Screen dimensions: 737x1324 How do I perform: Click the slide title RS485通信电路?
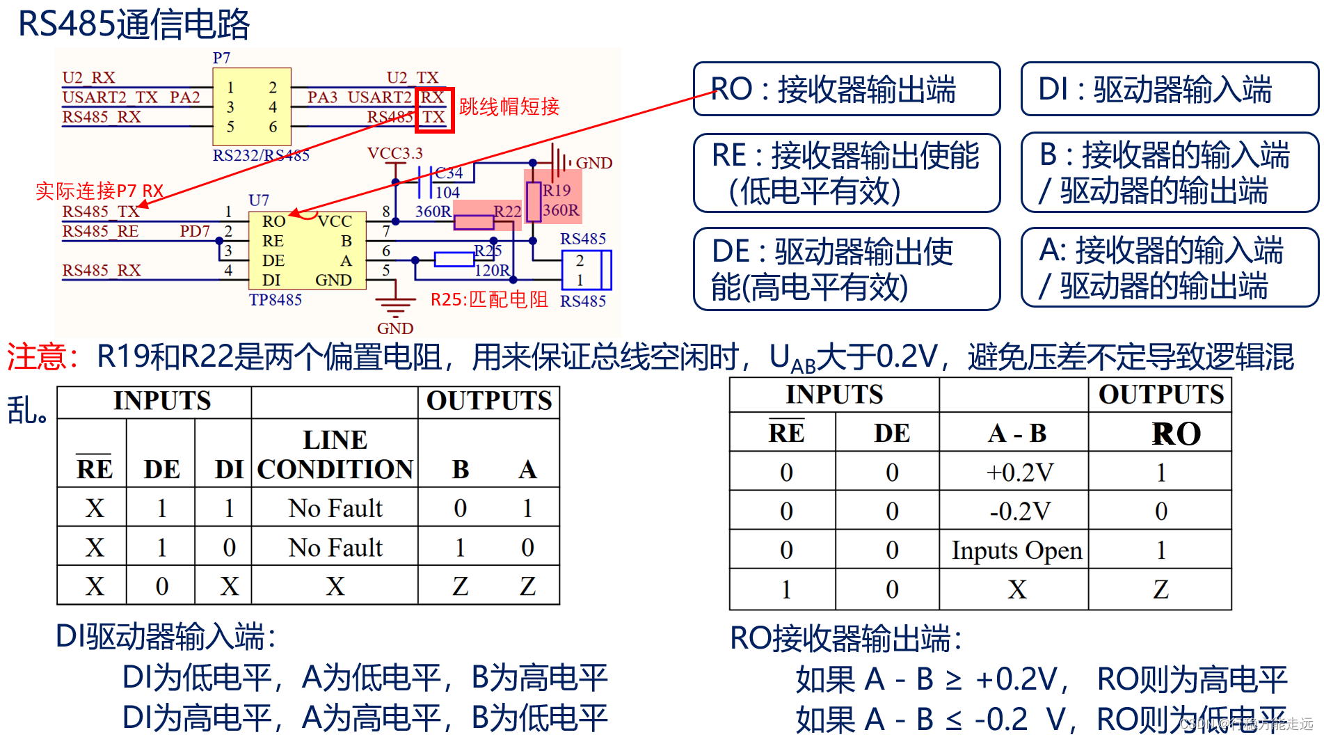134,24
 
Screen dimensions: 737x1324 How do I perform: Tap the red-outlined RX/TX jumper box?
434,109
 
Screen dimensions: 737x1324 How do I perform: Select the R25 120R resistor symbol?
454,260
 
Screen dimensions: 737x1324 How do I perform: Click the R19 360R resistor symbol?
534,202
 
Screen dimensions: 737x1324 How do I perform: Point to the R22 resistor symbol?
474,222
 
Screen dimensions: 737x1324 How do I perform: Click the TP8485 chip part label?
276,300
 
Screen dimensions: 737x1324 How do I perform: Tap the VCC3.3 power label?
394,153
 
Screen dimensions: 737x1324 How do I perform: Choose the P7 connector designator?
221,58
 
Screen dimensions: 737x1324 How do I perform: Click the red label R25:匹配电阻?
489,300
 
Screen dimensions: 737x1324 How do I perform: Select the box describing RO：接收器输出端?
846,89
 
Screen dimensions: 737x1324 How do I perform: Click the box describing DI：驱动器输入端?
1168,89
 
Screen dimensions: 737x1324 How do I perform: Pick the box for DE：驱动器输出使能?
846,269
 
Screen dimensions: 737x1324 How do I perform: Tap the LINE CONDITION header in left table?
335,454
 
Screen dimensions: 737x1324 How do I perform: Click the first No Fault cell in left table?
335,508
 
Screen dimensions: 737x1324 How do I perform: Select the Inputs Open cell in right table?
1016,550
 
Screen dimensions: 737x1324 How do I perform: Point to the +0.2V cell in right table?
1019,473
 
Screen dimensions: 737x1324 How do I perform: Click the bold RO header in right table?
1176,434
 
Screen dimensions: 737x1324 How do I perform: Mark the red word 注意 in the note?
36,357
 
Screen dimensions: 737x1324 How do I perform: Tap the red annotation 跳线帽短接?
509,106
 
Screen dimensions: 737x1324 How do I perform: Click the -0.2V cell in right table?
1019,512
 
